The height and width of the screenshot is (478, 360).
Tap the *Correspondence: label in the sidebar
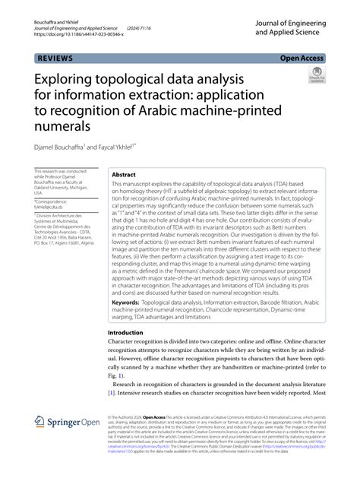click(x=54, y=201)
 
